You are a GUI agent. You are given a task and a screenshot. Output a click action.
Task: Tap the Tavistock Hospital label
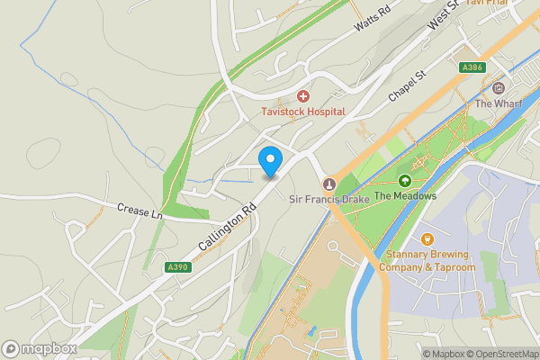click(x=303, y=111)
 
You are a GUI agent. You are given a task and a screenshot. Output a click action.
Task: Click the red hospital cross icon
click(x=303, y=95)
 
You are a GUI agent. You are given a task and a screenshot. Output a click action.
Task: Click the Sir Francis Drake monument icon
click(x=328, y=184)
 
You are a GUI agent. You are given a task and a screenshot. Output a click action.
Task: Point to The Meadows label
click(x=405, y=196)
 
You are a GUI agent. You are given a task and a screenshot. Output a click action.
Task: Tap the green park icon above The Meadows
click(x=405, y=181)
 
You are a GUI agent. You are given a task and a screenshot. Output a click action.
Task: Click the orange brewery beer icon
click(x=427, y=239)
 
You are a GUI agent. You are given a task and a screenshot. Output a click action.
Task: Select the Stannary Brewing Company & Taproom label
click(x=427, y=261)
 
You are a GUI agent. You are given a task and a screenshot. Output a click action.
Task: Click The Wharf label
click(x=498, y=103)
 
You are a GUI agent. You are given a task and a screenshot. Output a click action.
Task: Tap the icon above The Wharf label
click(x=498, y=88)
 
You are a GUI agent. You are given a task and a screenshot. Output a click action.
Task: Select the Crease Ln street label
click(x=139, y=212)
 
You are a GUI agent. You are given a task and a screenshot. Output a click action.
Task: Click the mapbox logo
click(x=39, y=348)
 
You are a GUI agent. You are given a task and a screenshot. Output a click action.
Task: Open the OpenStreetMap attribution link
click(x=499, y=353)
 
